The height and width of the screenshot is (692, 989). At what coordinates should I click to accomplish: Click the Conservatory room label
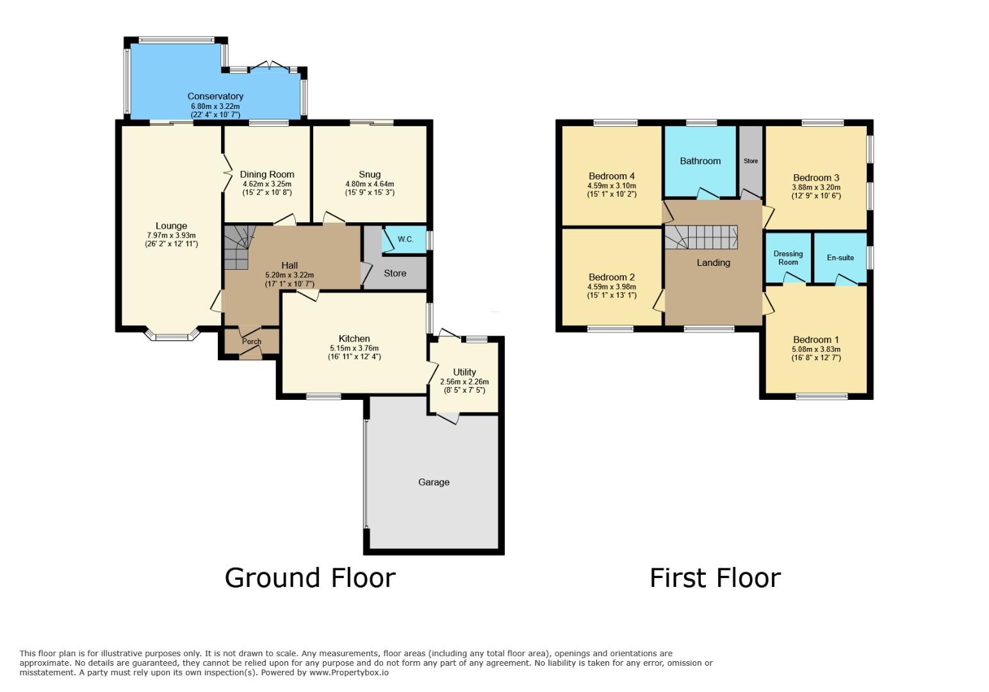click(215, 96)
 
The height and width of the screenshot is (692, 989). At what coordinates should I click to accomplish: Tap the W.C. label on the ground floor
click(405, 240)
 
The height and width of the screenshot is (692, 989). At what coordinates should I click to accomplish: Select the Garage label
click(434, 482)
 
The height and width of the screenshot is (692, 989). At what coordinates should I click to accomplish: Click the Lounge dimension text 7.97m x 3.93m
click(171, 235)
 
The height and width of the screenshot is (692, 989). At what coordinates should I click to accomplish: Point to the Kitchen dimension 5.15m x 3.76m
click(354, 348)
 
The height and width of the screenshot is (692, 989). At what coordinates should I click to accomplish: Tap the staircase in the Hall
click(238, 247)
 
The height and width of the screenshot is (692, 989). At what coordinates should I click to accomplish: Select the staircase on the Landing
click(701, 237)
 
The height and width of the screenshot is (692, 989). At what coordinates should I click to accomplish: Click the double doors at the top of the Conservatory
click(270, 66)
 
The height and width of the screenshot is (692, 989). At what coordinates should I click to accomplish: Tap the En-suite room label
click(840, 258)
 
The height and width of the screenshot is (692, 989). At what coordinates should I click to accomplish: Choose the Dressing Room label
click(788, 258)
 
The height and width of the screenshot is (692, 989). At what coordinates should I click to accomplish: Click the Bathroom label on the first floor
click(700, 161)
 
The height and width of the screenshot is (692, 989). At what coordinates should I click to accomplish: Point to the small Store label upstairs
click(751, 161)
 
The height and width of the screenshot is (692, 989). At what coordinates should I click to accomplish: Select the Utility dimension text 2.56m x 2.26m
click(464, 381)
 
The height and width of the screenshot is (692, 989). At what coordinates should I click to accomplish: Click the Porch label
click(252, 342)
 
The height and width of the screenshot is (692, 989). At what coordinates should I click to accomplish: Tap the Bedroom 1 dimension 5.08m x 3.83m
click(816, 349)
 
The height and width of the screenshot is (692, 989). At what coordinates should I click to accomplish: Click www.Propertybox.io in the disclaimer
click(349, 673)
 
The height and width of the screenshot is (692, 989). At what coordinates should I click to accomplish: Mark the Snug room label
click(370, 174)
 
